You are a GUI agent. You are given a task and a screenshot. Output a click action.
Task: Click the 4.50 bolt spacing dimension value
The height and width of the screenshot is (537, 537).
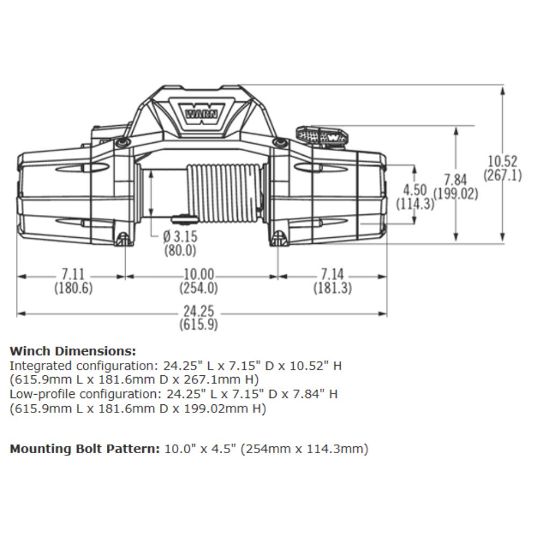coord(415,191)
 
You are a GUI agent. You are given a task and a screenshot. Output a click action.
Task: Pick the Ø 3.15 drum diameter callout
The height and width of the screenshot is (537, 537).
coord(179,236)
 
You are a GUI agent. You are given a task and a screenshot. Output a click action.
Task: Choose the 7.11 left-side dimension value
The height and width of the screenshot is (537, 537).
coord(73,275)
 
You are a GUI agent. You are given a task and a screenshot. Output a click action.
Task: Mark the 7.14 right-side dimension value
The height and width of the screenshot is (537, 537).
coord(332,275)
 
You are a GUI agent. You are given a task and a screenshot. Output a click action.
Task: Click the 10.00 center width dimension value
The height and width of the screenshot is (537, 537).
coord(198,275)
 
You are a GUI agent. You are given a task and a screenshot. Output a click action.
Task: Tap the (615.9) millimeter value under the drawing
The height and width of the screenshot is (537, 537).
coord(198,325)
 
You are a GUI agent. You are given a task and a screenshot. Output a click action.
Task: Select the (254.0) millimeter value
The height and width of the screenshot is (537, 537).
coord(198,288)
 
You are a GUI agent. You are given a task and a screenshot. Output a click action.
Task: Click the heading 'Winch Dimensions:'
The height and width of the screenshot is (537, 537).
coord(73,352)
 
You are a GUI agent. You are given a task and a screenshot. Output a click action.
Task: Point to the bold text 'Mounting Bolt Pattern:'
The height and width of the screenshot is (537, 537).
coord(85,449)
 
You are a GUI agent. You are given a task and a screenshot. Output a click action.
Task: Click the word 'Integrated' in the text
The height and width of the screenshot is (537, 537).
coord(40,366)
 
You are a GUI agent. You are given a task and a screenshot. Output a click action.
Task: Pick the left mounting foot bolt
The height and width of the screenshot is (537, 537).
coord(123,237)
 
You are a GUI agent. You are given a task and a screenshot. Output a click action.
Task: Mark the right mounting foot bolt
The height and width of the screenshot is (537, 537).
coord(278,237)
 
